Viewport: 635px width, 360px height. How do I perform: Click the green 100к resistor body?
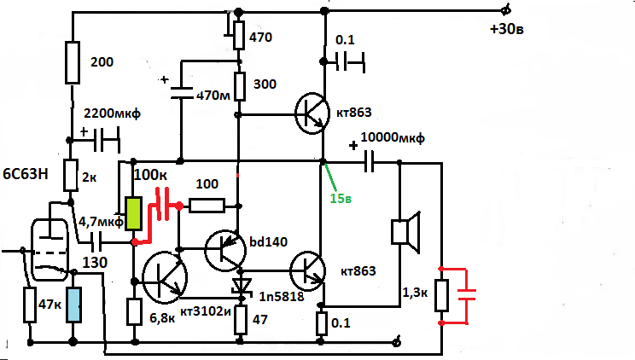coord(133,213)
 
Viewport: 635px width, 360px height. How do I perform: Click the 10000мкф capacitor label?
coord(393,138)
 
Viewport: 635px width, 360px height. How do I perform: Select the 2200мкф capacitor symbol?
coord(107,136)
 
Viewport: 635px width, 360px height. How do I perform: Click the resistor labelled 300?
coord(240,85)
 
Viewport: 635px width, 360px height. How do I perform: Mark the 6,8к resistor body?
coord(134,311)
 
